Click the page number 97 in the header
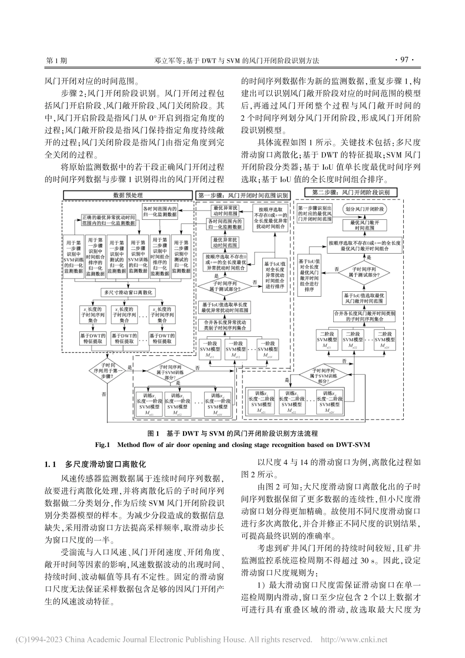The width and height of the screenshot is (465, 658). [x=404, y=61]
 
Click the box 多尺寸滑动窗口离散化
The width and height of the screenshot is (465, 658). [x=128, y=292]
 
